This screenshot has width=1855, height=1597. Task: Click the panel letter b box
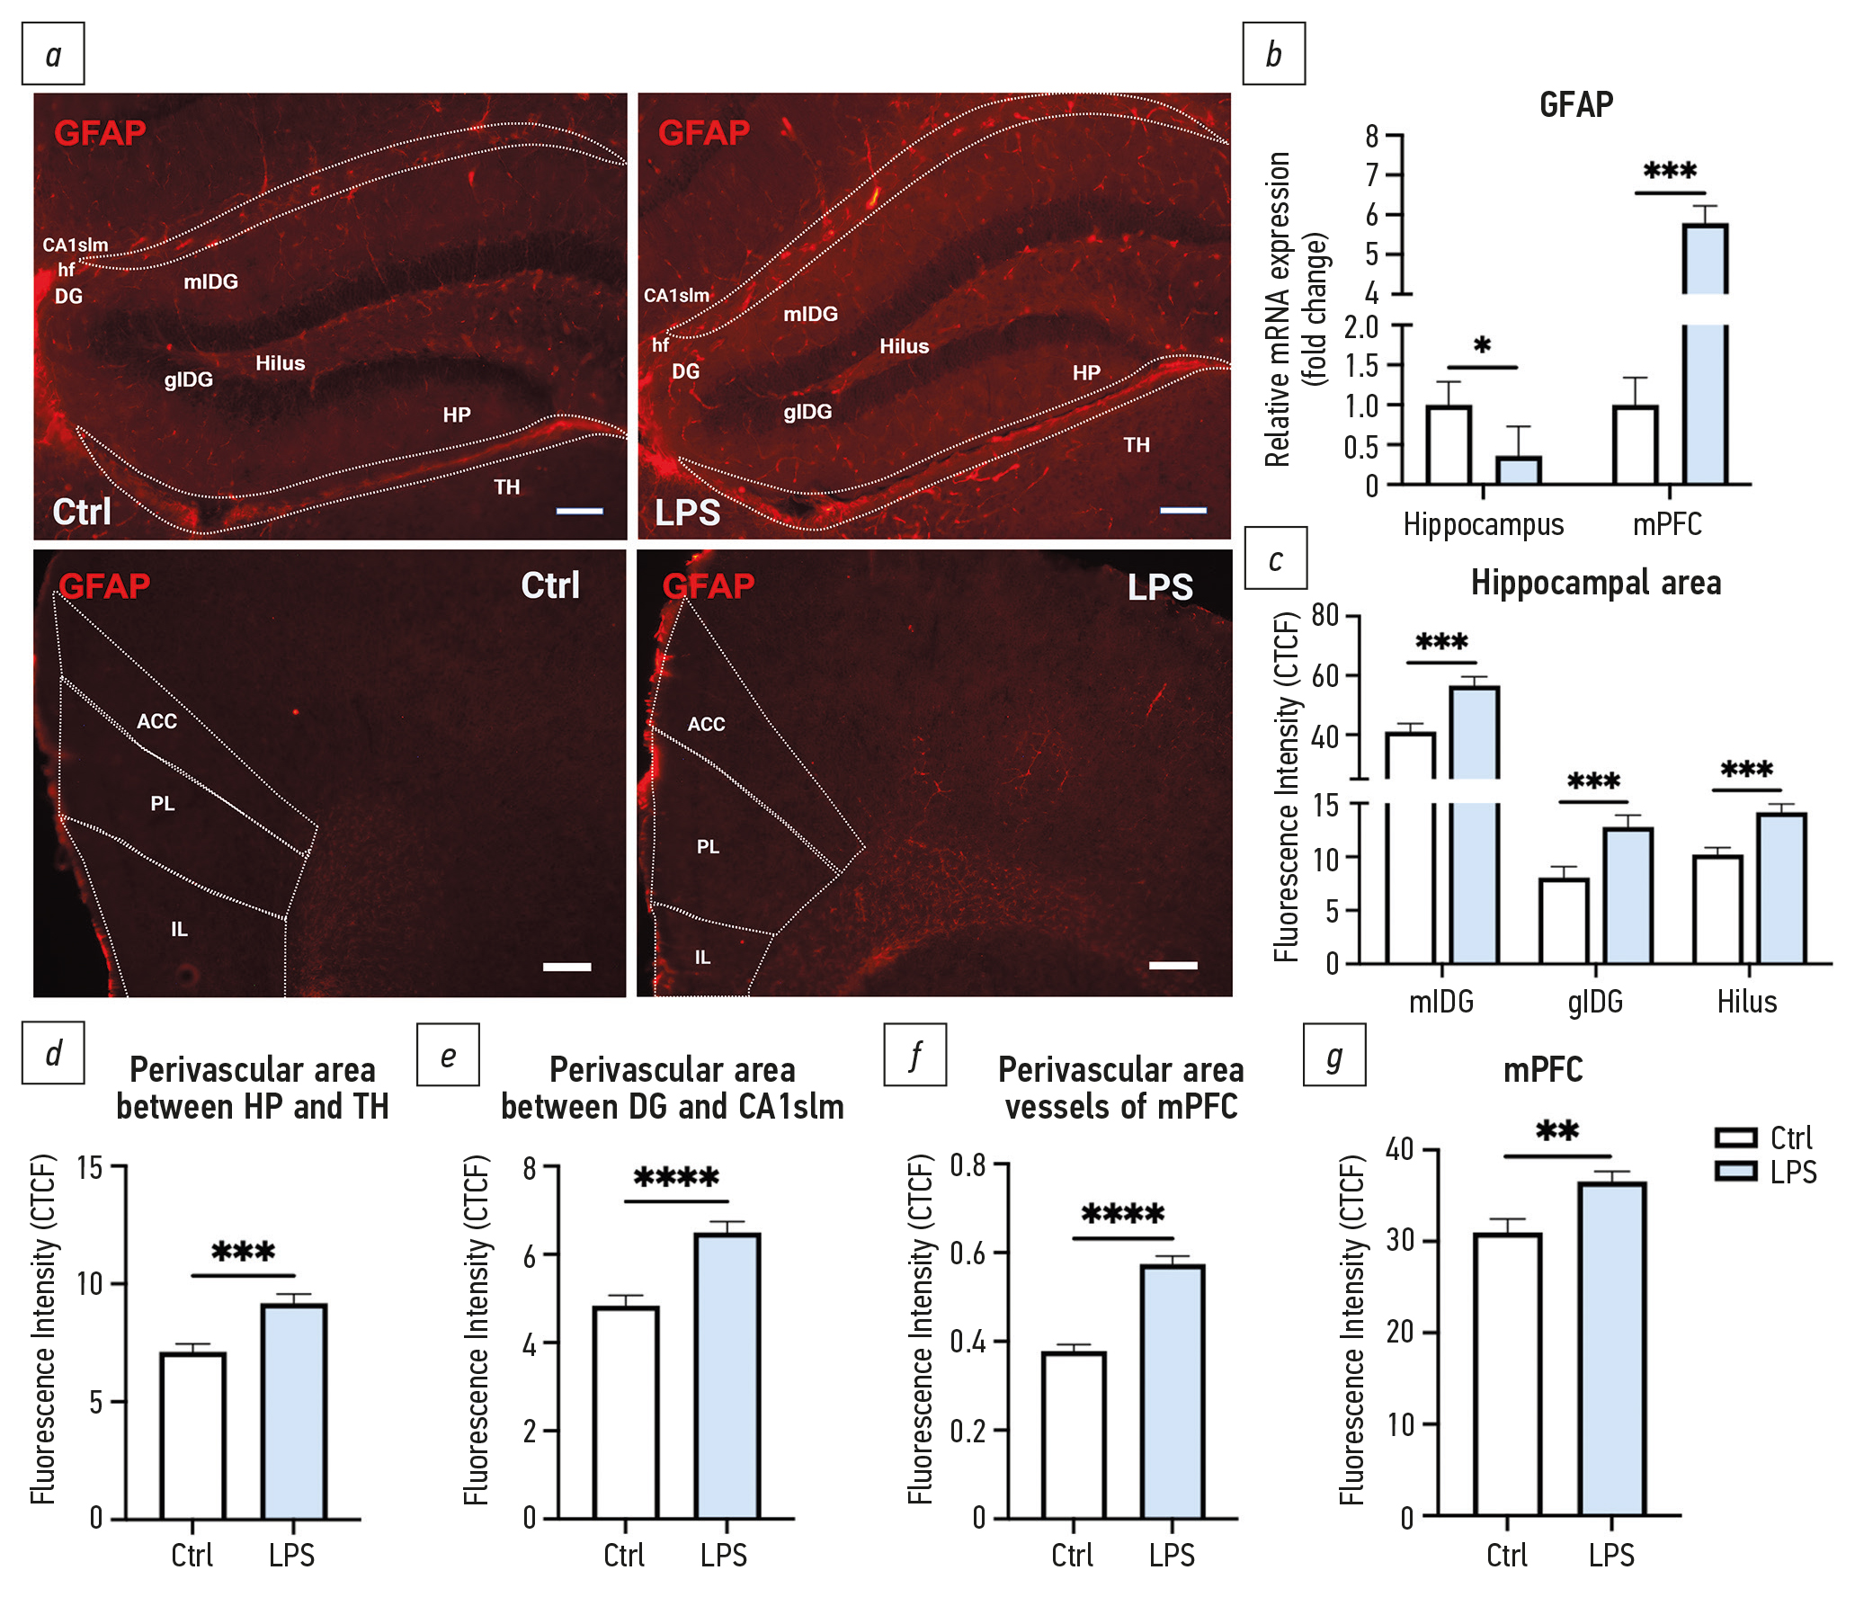1273,54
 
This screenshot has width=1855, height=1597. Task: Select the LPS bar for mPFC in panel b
1705,360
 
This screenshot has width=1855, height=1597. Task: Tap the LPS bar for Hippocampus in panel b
1519,470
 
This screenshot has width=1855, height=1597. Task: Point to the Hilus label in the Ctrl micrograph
280,363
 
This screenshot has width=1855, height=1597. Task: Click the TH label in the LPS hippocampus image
1137,445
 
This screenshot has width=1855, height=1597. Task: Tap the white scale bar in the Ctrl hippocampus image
579,511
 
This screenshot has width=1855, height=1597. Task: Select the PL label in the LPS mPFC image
708,847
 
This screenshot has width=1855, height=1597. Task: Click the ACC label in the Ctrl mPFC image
156,721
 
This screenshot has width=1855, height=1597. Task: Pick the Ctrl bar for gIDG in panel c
1564,921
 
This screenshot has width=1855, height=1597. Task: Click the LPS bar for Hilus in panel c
1781,888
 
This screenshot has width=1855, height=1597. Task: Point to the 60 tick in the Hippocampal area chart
1325,675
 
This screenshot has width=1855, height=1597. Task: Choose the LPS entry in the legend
1793,1173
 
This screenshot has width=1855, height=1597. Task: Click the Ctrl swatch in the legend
1735,1138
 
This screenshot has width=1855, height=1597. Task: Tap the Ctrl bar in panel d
192,1435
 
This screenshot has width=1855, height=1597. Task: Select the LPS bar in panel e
727,1376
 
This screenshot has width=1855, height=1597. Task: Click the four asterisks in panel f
1123,1215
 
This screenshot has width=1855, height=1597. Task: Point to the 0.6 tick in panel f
968,1253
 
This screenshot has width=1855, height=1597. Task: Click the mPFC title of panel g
1543,1070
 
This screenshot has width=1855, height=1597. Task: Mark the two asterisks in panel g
1557,1131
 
